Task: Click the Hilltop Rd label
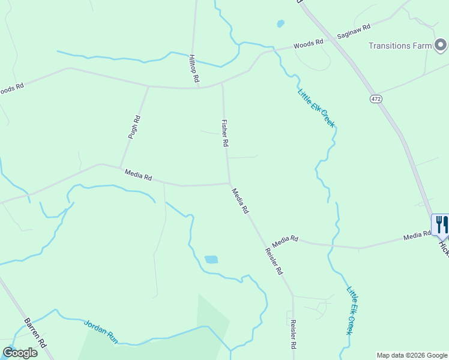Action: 193,68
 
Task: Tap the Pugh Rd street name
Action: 134,127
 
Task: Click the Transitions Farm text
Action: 400,46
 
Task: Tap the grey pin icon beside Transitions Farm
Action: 441,45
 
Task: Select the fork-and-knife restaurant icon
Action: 441,224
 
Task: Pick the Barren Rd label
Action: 35,333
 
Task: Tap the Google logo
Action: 20,353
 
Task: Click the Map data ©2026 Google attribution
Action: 412,355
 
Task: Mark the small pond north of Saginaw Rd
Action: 280,24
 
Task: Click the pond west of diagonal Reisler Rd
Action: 211,260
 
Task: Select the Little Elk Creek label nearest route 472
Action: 316,108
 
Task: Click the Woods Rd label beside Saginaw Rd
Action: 309,44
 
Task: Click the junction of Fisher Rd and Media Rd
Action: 229,183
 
